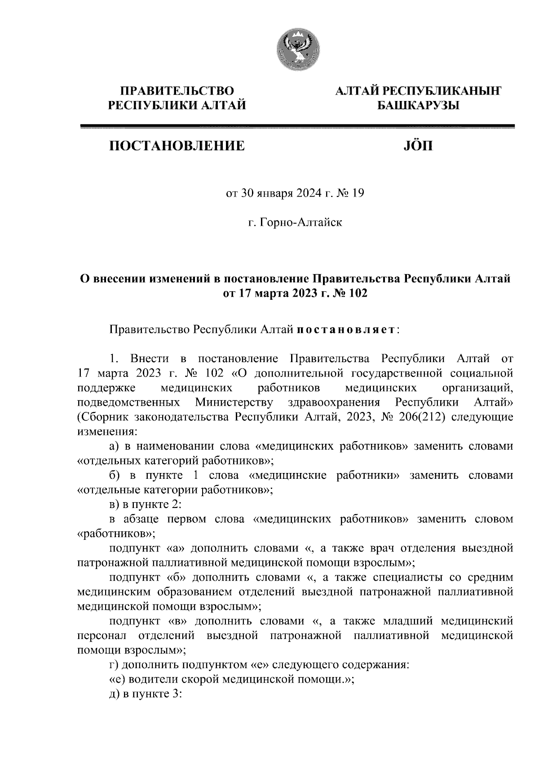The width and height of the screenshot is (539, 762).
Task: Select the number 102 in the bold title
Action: pyautogui.click(x=358, y=294)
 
